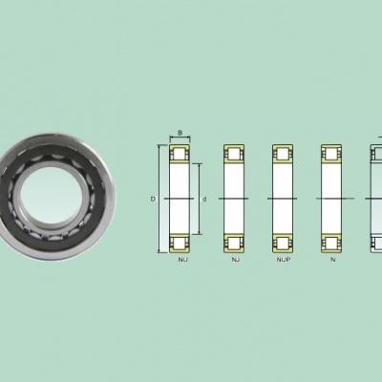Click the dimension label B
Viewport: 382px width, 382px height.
(x=180, y=133)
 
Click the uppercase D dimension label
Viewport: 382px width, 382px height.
(x=153, y=199)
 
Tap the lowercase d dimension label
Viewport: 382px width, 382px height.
(x=204, y=200)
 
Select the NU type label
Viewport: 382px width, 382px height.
(x=182, y=260)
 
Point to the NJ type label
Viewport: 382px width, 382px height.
(x=236, y=260)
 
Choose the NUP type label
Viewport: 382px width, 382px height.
(x=284, y=260)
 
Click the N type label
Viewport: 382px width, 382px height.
(x=333, y=260)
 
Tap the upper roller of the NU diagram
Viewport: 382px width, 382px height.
(x=180, y=154)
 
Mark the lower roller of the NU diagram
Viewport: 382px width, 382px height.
(x=180, y=244)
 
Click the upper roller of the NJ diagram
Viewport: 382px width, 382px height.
(x=234, y=154)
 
